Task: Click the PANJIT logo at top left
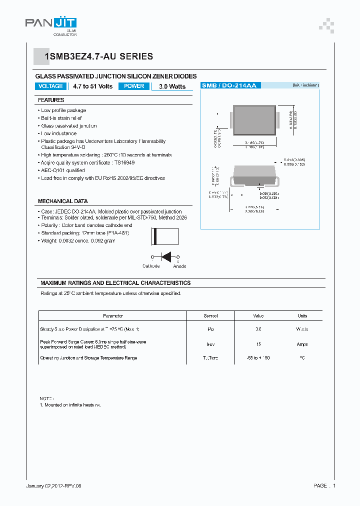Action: [x=50, y=23]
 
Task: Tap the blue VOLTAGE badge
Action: [x=51, y=86]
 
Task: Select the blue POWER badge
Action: [x=134, y=86]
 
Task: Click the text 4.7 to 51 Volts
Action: [x=92, y=86]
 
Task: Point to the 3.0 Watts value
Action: [x=172, y=86]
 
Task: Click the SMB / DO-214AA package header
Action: [x=229, y=86]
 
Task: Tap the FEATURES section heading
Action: [x=51, y=100]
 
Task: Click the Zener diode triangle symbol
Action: [x=166, y=256]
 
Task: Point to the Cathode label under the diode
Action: [x=151, y=266]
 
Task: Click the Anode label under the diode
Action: [x=179, y=266]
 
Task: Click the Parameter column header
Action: [x=113, y=316]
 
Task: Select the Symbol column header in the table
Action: [x=210, y=316]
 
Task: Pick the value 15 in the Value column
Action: [x=258, y=344]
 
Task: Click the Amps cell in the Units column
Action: [x=302, y=344]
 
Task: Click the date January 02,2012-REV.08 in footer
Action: [x=53, y=485]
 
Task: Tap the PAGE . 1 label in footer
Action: [x=324, y=485]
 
